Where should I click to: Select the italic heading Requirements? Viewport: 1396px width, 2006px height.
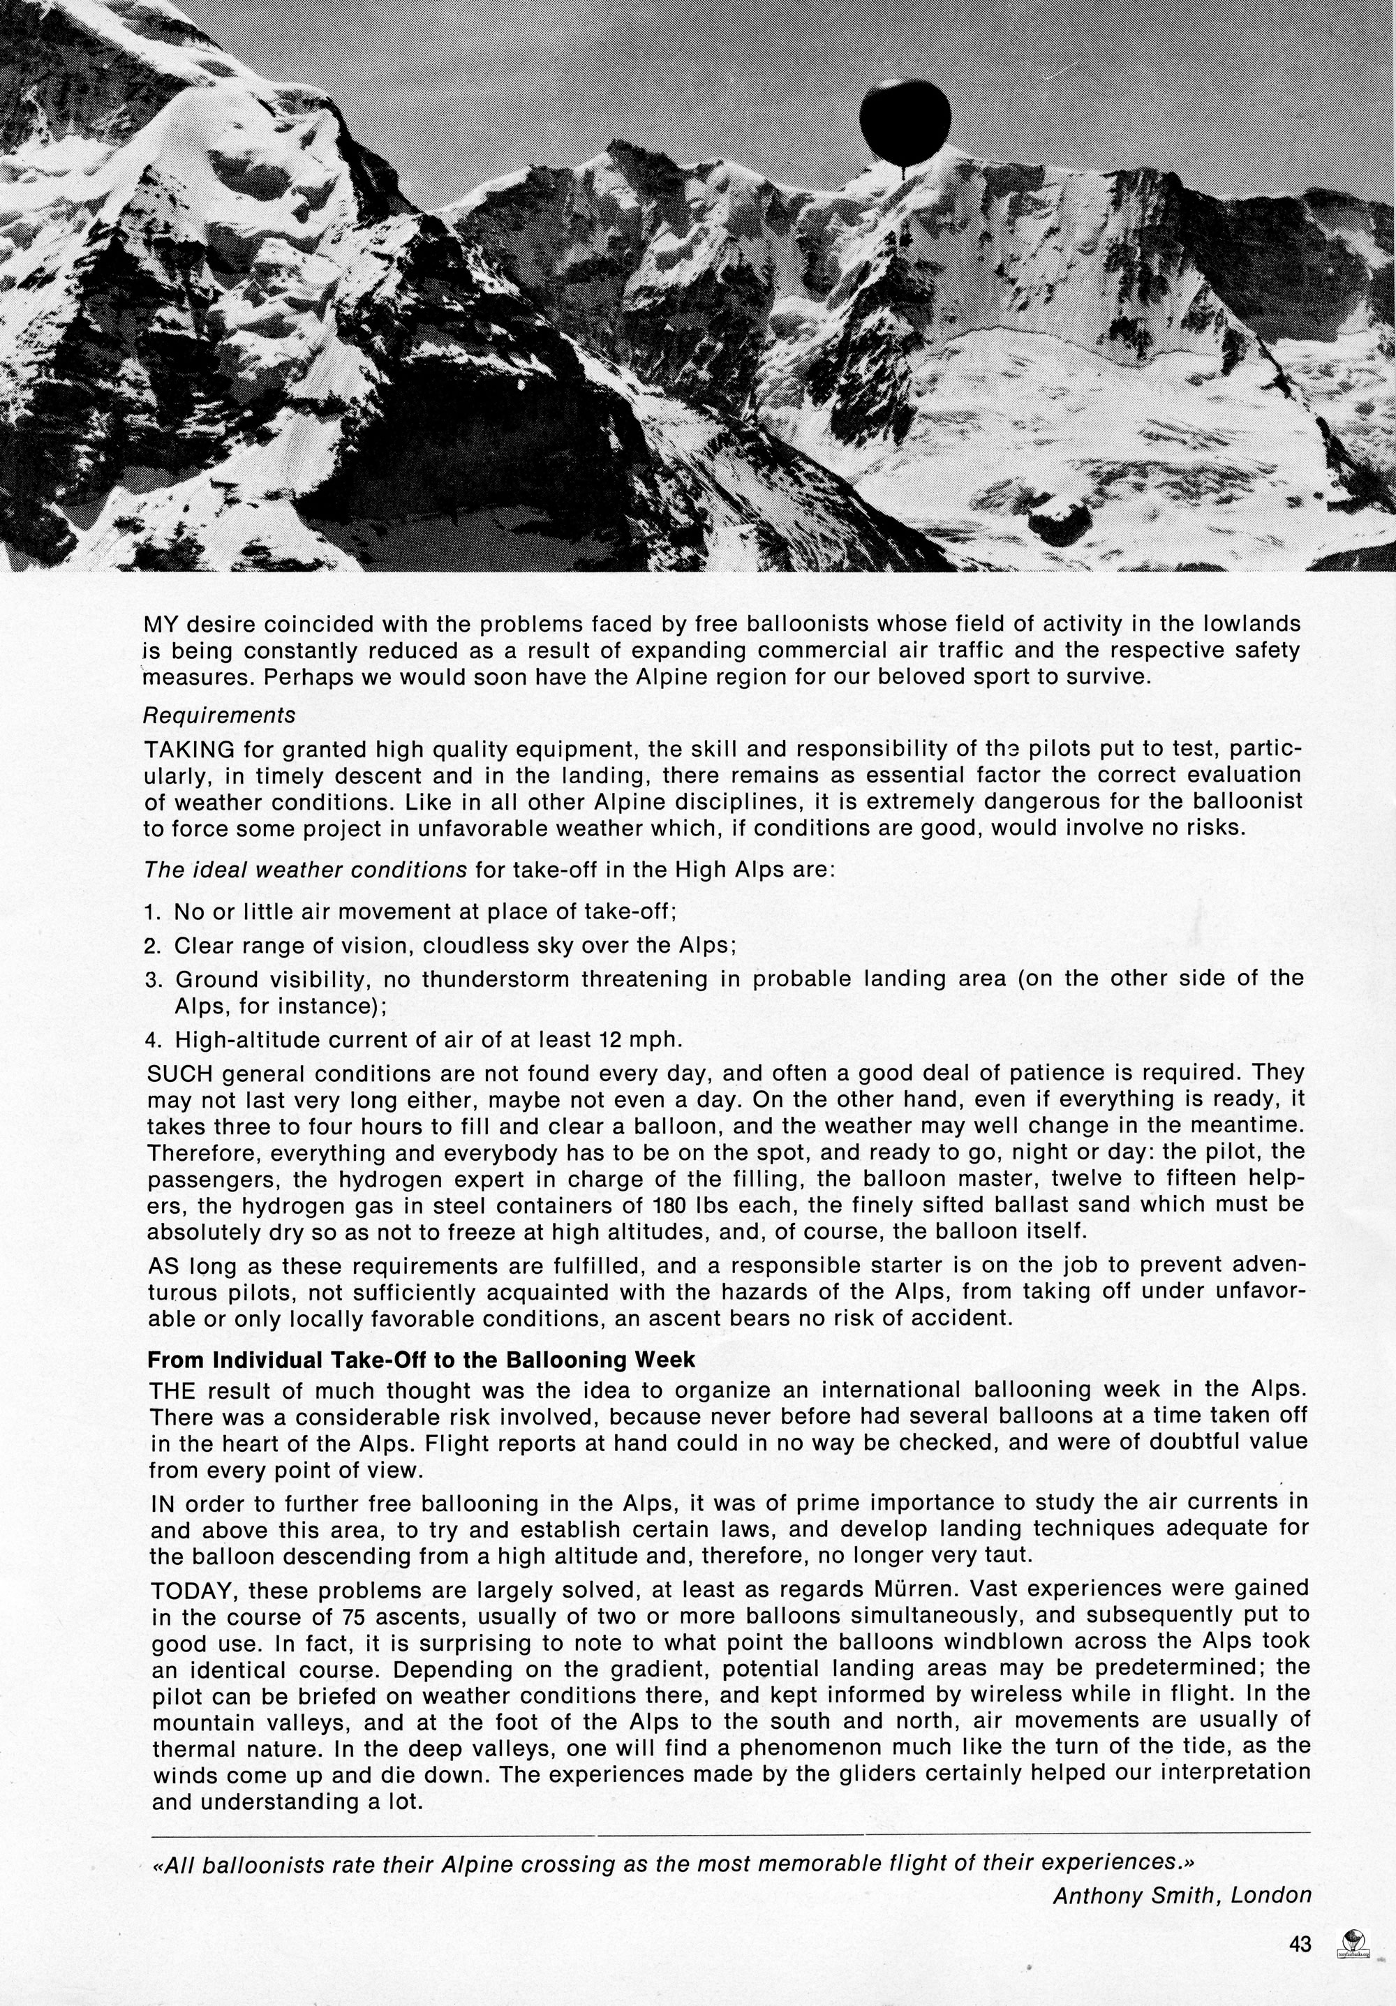click(219, 715)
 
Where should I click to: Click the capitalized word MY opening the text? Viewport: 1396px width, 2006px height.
click(161, 624)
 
